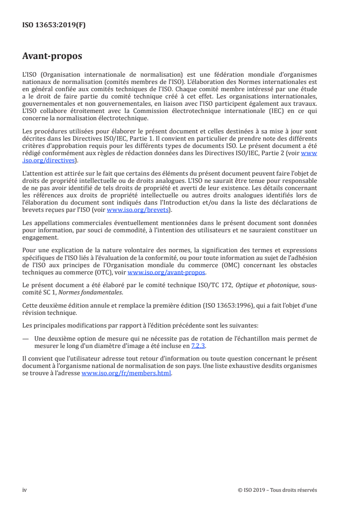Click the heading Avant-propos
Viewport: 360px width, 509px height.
point(52,57)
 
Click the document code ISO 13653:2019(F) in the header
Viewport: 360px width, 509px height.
point(54,25)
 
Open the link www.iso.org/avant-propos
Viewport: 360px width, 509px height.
point(167,273)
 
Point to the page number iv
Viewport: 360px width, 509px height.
point(25,490)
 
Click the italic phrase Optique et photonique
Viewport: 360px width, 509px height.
point(262,284)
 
